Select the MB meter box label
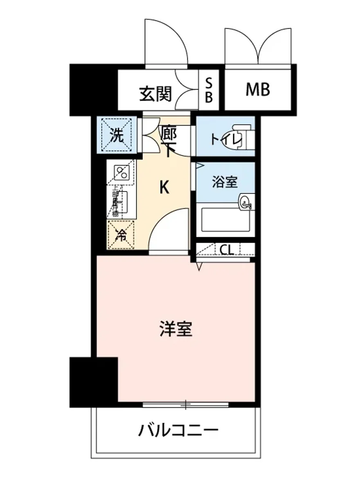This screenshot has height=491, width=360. (x=258, y=90)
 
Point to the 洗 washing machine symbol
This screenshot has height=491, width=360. (x=117, y=135)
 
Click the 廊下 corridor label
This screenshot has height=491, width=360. (x=168, y=141)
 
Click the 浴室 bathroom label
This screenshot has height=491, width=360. (x=225, y=182)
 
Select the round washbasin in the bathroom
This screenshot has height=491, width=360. (x=246, y=201)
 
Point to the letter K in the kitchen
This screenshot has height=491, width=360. (x=164, y=187)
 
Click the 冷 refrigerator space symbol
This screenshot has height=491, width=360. (x=121, y=235)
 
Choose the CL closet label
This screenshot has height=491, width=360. (x=227, y=249)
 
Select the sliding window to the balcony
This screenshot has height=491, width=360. (x=185, y=405)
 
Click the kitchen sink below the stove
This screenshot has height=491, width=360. (x=122, y=203)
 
